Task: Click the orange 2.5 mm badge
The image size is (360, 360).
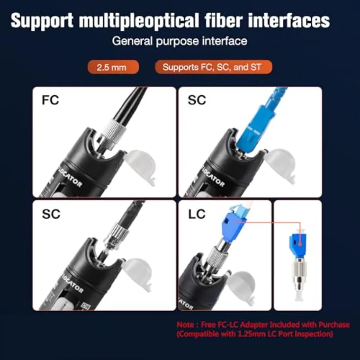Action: click(113, 67)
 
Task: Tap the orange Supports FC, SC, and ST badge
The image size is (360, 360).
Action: click(214, 67)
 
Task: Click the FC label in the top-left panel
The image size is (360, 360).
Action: click(50, 100)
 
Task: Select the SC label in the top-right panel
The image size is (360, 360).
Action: click(197, 100)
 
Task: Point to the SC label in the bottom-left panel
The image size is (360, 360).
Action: click(51, 214)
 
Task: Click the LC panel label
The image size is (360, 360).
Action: click(197, 214)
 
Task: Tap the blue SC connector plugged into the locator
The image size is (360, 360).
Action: click(255, 128)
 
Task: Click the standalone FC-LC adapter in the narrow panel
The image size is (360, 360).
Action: click(299, 266)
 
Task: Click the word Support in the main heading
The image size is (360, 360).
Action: click(42, 21)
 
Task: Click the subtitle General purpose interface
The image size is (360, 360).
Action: click(180, 41)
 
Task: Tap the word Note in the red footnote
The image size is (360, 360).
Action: click(185, 325)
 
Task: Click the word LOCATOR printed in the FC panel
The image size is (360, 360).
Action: click(70, 178)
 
